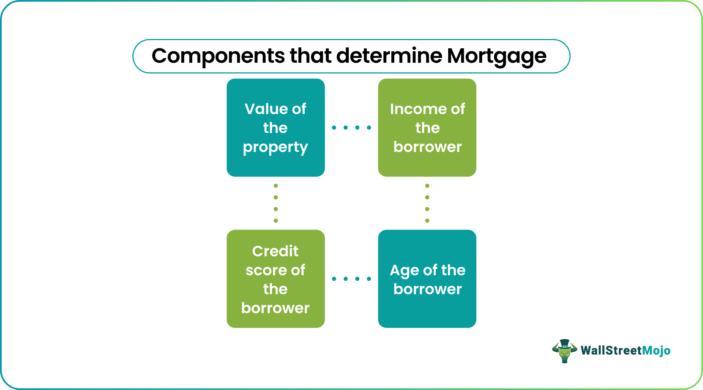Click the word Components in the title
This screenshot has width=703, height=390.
[218, 56]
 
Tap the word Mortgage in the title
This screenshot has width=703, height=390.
[496, 56]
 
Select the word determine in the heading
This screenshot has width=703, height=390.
[389, 56]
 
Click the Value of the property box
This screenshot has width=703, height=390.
[276, 127]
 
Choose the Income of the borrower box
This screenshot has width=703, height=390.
[427, 127]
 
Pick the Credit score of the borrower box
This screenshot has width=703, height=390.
[276, 279]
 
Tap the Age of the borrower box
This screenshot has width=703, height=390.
[427, 279]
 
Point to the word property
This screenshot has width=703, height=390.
[275, 147]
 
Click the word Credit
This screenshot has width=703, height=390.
[275, 251]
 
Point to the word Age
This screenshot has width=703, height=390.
[404, 270]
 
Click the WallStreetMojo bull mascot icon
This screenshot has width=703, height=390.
[564, 351]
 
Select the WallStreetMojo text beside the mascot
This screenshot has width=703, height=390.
[625, 351]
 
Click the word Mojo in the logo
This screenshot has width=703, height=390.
[656, 351]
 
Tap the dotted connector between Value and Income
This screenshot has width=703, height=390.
[351, 127]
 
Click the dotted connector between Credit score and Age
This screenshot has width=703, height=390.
[351, 279]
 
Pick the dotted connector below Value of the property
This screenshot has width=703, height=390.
[276, 203]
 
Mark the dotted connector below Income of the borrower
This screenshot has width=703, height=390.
[427, 203]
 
